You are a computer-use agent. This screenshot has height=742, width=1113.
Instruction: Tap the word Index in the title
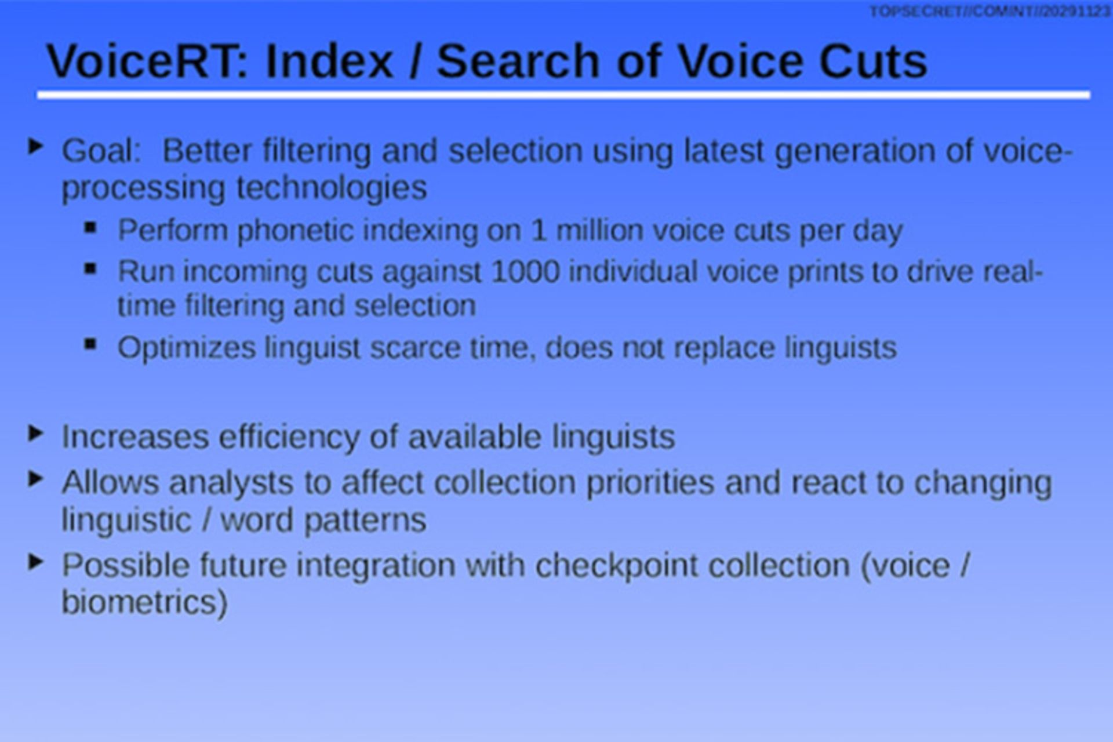[x=329, y=61]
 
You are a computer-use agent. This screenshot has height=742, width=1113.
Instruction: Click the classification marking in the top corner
[x=990, y=12]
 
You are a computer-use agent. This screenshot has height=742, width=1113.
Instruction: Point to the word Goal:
[x=101, y=151]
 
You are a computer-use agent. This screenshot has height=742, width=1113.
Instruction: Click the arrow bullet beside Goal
[x=35, y=147]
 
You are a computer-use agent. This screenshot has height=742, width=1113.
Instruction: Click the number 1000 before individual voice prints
[x=525, y=272]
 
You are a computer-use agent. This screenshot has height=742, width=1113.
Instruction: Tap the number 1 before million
[x=539, y=231]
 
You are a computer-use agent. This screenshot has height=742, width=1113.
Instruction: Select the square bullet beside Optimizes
[x=90, y=344]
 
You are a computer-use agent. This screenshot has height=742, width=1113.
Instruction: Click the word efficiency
[x=289, y=437]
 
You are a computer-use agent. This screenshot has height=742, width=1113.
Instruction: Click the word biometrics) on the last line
[x=144, y=602]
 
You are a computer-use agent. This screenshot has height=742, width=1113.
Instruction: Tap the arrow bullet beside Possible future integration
[x=35, y=562]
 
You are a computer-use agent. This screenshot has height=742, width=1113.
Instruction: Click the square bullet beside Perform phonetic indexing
[x=90, y=227]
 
